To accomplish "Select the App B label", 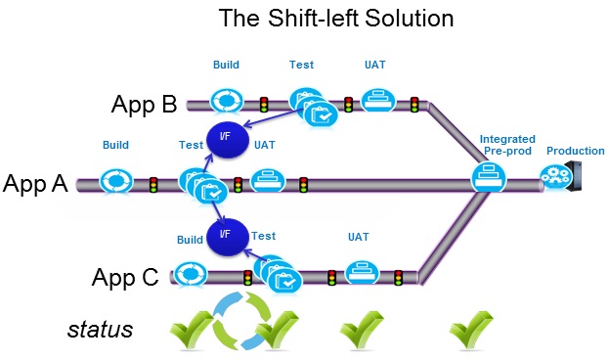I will click(x=144, y=105).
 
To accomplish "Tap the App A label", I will click(x=35, y=183).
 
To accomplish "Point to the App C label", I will click(x=125, y=277).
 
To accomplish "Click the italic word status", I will click(x=100, y=330).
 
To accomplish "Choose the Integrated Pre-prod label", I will click(x=507, y=147).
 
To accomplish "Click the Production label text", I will click(x=575, y=151).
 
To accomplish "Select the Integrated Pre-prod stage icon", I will click(x=488, y=178).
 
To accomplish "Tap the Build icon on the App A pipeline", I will click(x=117, y=181).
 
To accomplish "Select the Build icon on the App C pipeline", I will click(x=191, y=274).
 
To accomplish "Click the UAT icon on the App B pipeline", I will click(x=375, y=100).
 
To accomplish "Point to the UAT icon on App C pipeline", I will click(x=363, y=271).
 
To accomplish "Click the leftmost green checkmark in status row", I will click(x=191, y=331).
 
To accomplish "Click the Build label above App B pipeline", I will click(x=227, y=66).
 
